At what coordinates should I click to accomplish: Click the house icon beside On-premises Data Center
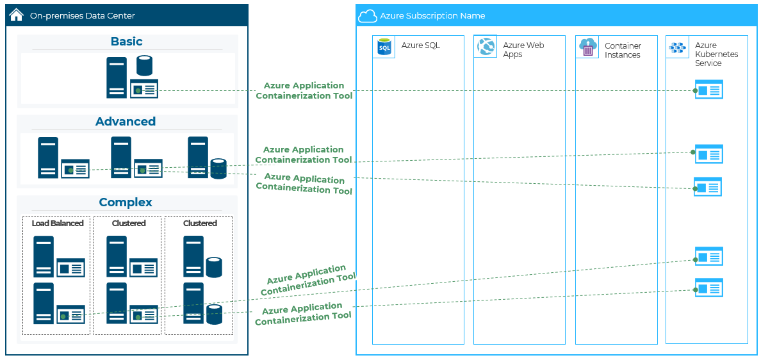click(17, 15)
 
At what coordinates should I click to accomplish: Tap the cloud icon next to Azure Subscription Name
click(367, 16)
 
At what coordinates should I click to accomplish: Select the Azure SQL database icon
click(384, 47)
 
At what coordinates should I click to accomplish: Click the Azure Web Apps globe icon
click(485, 46)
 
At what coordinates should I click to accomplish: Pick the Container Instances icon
click(587, 47)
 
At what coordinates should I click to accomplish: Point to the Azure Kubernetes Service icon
click(677, 47)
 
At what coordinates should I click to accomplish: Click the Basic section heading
click(127, 42)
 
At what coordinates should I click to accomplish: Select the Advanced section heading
click(126, 122)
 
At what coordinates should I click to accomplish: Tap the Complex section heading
click(126, 202)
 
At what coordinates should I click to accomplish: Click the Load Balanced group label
click(58, 224)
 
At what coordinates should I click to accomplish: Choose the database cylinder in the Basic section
click(145, 67)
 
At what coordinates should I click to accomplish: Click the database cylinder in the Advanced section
click(218, 168)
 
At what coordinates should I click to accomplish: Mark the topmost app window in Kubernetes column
click(709, 90)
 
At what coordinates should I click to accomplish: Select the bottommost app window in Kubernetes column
click(709, 288)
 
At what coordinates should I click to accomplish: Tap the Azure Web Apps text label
click(523, 50)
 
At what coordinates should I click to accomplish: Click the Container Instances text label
click(623, 51)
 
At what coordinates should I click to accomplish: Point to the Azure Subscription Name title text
click(432, 16)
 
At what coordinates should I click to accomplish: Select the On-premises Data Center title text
click(83, 15)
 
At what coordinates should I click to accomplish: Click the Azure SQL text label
click(420, 45)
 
